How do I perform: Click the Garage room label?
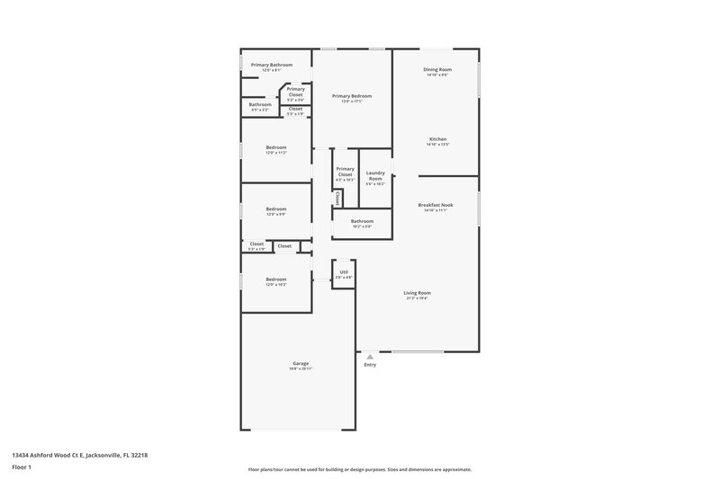(300, 364)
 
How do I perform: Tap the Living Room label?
(417, 293)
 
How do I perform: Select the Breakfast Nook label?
(436, 206)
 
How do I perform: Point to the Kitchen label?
(437, 139)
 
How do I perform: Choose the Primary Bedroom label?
(351, 96)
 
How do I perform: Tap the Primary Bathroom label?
(272, 65)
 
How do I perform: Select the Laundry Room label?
(375, 175)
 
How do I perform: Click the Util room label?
(343, 271)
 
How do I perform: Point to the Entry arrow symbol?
(369, 357)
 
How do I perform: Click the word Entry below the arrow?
(370, 365)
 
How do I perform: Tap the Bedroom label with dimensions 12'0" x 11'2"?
(275, 147)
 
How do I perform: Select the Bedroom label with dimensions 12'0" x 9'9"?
(275, 209)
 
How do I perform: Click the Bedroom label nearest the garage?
(275, 279)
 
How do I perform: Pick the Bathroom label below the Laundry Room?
(362, 221)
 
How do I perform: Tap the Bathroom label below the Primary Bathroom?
(260, 105)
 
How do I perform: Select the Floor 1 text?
(22, 468)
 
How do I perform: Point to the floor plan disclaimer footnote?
(359, 469)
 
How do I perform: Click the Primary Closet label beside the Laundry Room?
(345, 172)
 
